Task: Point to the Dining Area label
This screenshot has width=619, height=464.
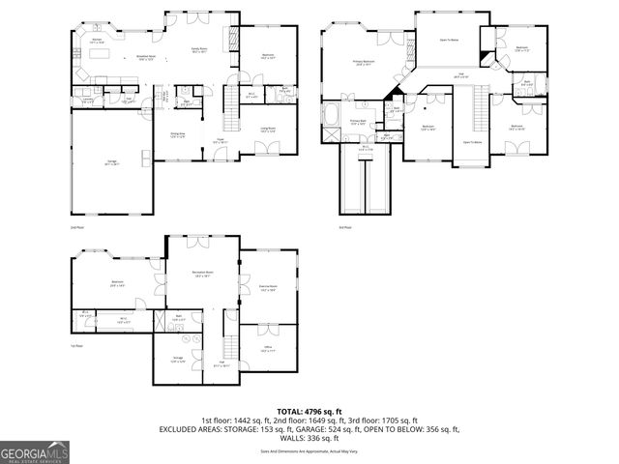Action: pos(178,134)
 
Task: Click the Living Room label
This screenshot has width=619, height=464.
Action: pos(267,129)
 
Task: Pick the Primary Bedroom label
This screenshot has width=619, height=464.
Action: pos(363,64)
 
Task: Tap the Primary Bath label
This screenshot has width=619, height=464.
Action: pos(357,122)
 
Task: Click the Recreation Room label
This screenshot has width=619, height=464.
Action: pos(201,275)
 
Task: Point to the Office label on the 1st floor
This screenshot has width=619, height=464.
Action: pos(267,350)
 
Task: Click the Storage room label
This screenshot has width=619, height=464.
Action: pos(178,361)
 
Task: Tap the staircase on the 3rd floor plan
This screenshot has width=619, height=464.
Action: pos(479,111)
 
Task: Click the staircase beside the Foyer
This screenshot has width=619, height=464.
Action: pos(230,98)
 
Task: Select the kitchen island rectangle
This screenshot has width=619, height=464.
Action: pos(102,55)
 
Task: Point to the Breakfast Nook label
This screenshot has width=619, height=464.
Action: pos(148,57)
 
